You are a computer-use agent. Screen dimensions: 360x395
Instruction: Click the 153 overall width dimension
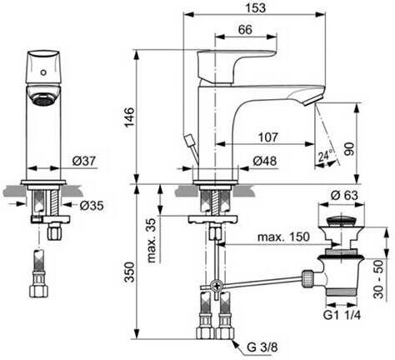[252, 7]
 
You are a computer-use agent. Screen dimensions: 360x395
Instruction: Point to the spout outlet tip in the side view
[316, 99]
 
